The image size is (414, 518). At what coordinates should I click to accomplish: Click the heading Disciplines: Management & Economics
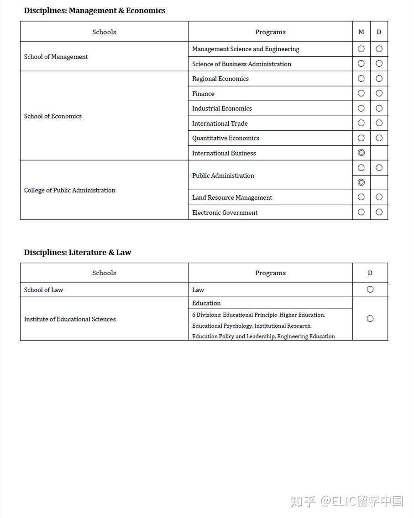coord(94,11)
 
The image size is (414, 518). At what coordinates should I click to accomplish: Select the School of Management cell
coord(56,57)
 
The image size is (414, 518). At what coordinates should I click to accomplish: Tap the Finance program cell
coord(203,94)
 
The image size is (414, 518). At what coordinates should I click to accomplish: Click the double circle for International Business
coord(361,153)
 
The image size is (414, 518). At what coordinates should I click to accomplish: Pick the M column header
coord(361,32)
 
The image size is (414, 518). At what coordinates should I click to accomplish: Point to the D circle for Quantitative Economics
coord(379,138)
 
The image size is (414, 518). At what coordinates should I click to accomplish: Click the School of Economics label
coord(53,116)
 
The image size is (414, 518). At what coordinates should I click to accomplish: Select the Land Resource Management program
coord(232,198)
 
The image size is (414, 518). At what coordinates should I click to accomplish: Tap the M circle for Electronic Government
coord(361,212)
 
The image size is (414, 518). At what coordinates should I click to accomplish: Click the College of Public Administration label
coord(69,190)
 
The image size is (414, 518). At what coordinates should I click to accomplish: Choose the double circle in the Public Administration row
coord(361,182)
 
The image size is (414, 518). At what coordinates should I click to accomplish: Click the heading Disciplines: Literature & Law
coord(78,252)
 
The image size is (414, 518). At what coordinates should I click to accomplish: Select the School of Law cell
coord(44,290)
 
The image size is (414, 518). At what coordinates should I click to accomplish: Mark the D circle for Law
coord(370,289)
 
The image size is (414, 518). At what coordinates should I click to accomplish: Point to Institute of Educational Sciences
coord(70,319)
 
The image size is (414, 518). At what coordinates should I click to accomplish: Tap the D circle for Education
coord(370,319)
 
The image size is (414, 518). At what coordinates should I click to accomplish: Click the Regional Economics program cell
coord(220,79)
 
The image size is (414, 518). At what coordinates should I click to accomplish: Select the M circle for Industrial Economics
coord(361,108)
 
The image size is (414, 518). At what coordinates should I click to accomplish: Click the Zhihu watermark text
coord(347,501)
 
